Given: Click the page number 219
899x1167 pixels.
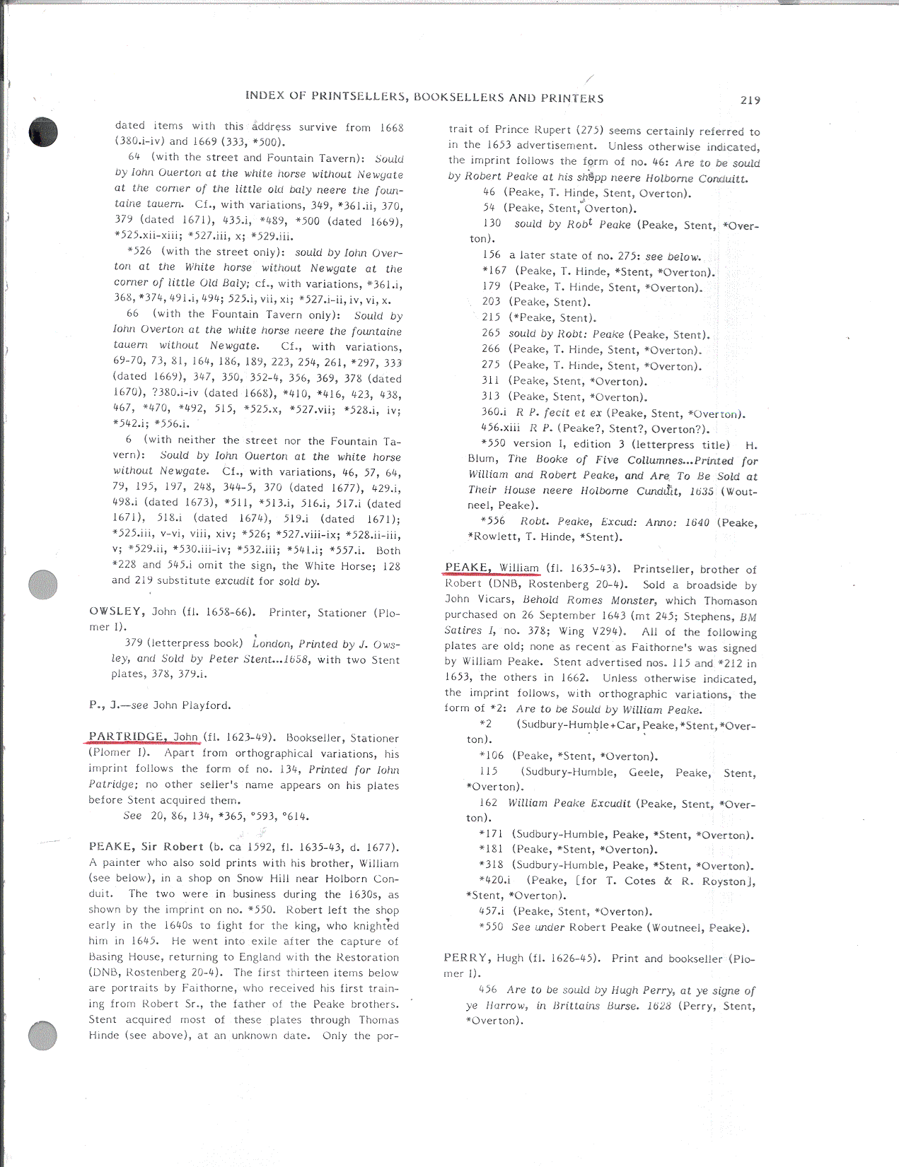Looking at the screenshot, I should pyautogui.click(x=750, y=100).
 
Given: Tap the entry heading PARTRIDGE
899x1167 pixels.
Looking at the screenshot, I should pyautogui.click(x=127, y=737).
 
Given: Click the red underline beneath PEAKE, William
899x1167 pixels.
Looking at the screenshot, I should pyautogui.click(x=492, y=575).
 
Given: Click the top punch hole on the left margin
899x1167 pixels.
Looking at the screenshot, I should pyautogui.click(x=42, y=132).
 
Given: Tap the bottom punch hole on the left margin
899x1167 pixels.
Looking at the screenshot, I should pyautogui.click(x=42, y=1036).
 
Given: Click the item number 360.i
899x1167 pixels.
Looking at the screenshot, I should pyautogui.click(x=494, y=413).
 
